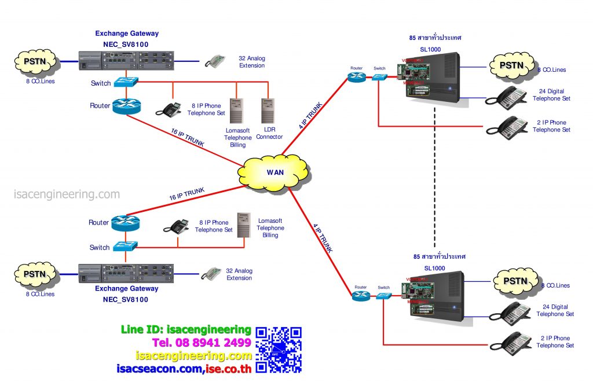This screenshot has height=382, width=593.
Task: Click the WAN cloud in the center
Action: [275, 172]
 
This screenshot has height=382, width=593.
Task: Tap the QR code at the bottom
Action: [279, 350]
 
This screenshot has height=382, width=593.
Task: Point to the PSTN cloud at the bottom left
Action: [35, 274]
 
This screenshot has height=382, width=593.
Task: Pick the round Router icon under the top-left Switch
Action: [126, 105]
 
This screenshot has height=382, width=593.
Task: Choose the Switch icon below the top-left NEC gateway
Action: [126, 82]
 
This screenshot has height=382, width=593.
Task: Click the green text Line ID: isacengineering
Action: [186, 330]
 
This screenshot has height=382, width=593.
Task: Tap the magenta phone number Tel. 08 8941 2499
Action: [202, 343]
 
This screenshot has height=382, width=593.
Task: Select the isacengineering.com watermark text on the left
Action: [67, 194]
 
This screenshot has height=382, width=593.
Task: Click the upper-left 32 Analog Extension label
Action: [252, 62]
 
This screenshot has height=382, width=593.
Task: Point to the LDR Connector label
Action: [270, 134]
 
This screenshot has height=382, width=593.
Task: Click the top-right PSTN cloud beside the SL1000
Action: [511, 65]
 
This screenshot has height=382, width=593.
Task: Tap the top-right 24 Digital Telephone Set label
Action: [551, 95]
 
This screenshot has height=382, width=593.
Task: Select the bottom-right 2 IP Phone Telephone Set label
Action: [555, 341]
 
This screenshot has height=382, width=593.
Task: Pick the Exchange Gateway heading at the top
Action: [127, 34]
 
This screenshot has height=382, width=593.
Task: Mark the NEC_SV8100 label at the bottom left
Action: [122, 299]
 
